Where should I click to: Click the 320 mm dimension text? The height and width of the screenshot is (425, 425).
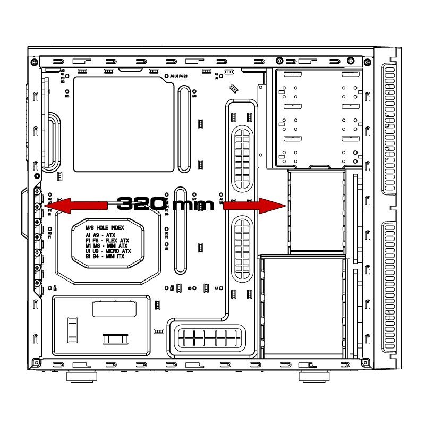165,204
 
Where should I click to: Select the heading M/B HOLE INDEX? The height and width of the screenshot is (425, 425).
105,228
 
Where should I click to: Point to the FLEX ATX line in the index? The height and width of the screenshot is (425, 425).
107,241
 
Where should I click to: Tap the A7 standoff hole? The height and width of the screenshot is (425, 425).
220,288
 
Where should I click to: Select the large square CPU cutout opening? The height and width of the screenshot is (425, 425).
124,124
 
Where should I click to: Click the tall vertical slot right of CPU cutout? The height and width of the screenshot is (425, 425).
184,130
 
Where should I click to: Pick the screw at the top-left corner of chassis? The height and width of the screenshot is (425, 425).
35,62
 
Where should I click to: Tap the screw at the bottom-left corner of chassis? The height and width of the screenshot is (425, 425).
35,363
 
